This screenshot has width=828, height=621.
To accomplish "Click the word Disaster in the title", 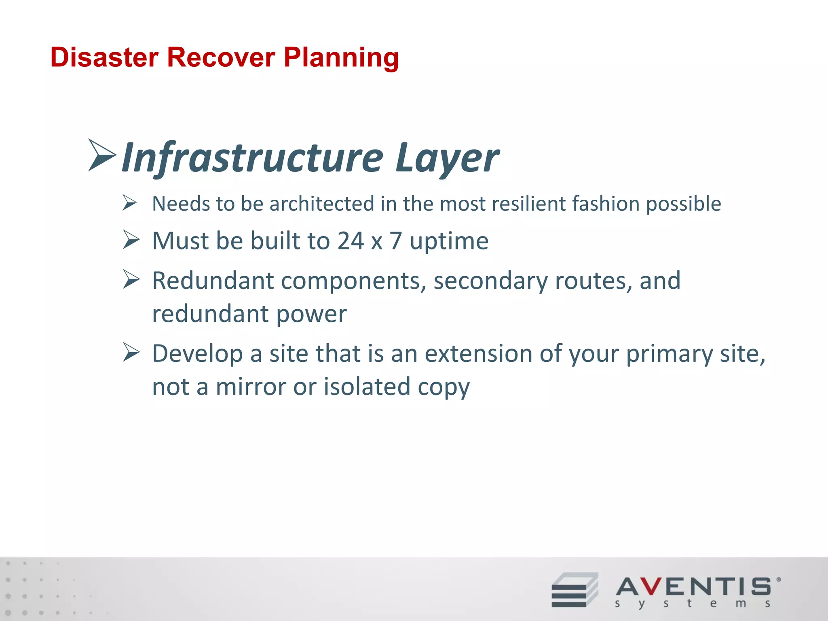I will point(104,57).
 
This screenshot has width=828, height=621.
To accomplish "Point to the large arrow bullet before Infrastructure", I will point(102,155).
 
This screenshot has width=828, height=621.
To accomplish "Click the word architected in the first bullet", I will point(322,203).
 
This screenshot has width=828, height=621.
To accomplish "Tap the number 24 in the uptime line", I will point(351,241).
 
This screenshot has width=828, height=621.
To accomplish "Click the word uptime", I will point(449,241).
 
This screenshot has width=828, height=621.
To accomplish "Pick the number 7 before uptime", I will point(396,241).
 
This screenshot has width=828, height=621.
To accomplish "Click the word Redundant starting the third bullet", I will point(213,281).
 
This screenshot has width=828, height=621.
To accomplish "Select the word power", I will point(311,314).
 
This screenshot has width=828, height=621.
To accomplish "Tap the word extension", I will point(478,353).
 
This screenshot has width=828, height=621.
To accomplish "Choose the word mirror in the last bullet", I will point(251,387).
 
